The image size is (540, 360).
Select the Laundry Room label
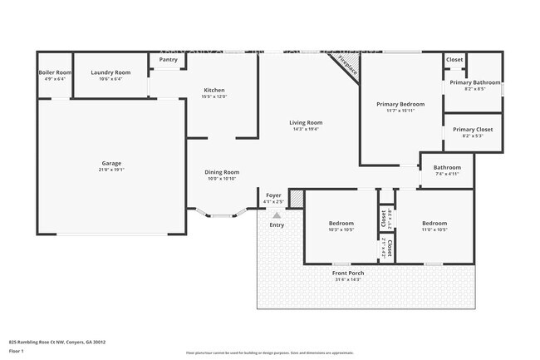[110, 73]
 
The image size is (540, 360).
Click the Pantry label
[168, 60]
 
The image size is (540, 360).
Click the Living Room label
[306, 123]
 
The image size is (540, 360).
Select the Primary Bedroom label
[400, 104]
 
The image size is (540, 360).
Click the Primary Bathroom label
[474, 82]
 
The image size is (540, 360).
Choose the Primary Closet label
[473, 130]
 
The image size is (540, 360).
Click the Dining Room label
[222, 172]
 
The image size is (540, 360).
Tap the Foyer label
[273, 195]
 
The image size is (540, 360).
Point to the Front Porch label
[348, 273]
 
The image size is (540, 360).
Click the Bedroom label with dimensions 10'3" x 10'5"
[341, 223]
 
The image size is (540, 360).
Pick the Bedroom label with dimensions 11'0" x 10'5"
[434, 223]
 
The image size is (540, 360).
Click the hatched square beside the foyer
[297, 199]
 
